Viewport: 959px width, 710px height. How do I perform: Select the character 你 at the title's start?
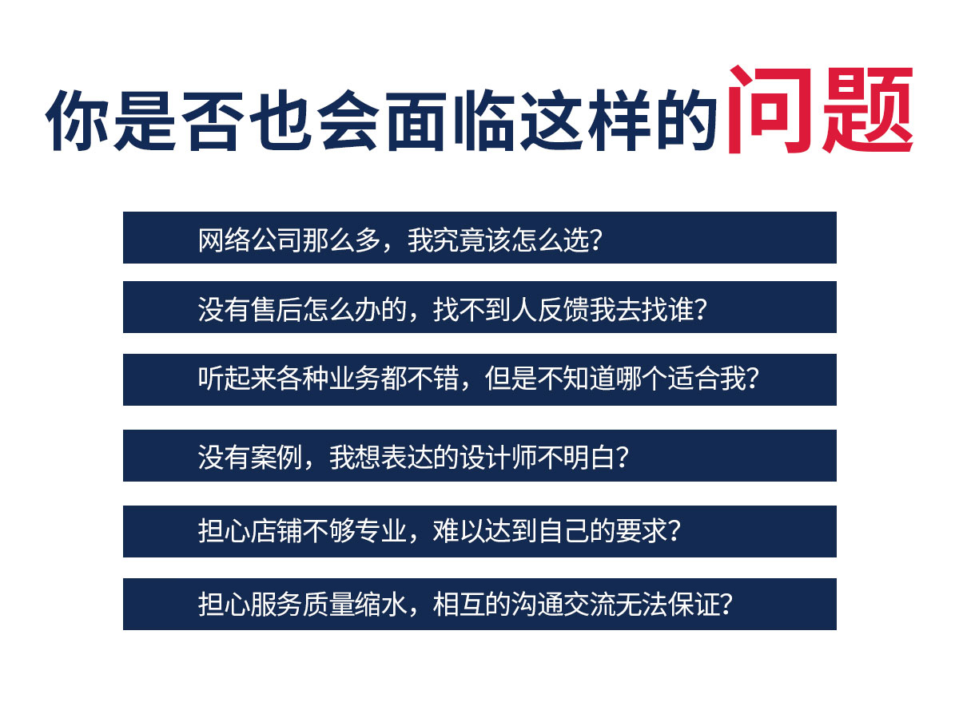pos(77,120)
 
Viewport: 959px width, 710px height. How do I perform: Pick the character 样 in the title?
pos(619,120)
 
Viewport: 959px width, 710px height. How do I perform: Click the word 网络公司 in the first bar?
pos(249,240)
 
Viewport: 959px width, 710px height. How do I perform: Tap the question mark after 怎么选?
pos(595,240)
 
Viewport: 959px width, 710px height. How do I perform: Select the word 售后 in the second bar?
pos(276,309)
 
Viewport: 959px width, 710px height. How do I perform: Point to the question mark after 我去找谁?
pos(700,309)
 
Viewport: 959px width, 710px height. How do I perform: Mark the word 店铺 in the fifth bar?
pos(276,530)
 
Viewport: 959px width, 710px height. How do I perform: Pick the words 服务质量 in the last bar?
pos(302,604)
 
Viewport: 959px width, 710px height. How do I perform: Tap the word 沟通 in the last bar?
pos(537,604)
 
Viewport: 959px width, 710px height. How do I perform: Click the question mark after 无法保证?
pos(726,604)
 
